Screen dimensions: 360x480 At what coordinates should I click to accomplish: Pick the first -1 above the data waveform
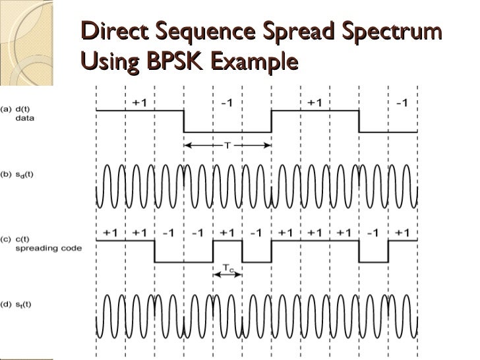click(x=226, y=102)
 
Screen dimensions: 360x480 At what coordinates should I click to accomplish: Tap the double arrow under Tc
click(x=227, y=276)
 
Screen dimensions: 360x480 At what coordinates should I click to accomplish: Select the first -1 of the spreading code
click(x=168, y=233)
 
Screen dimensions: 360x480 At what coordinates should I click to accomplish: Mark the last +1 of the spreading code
click(x=402, y=233)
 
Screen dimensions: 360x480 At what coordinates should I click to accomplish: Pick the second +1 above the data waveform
click(x=315, y=102)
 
